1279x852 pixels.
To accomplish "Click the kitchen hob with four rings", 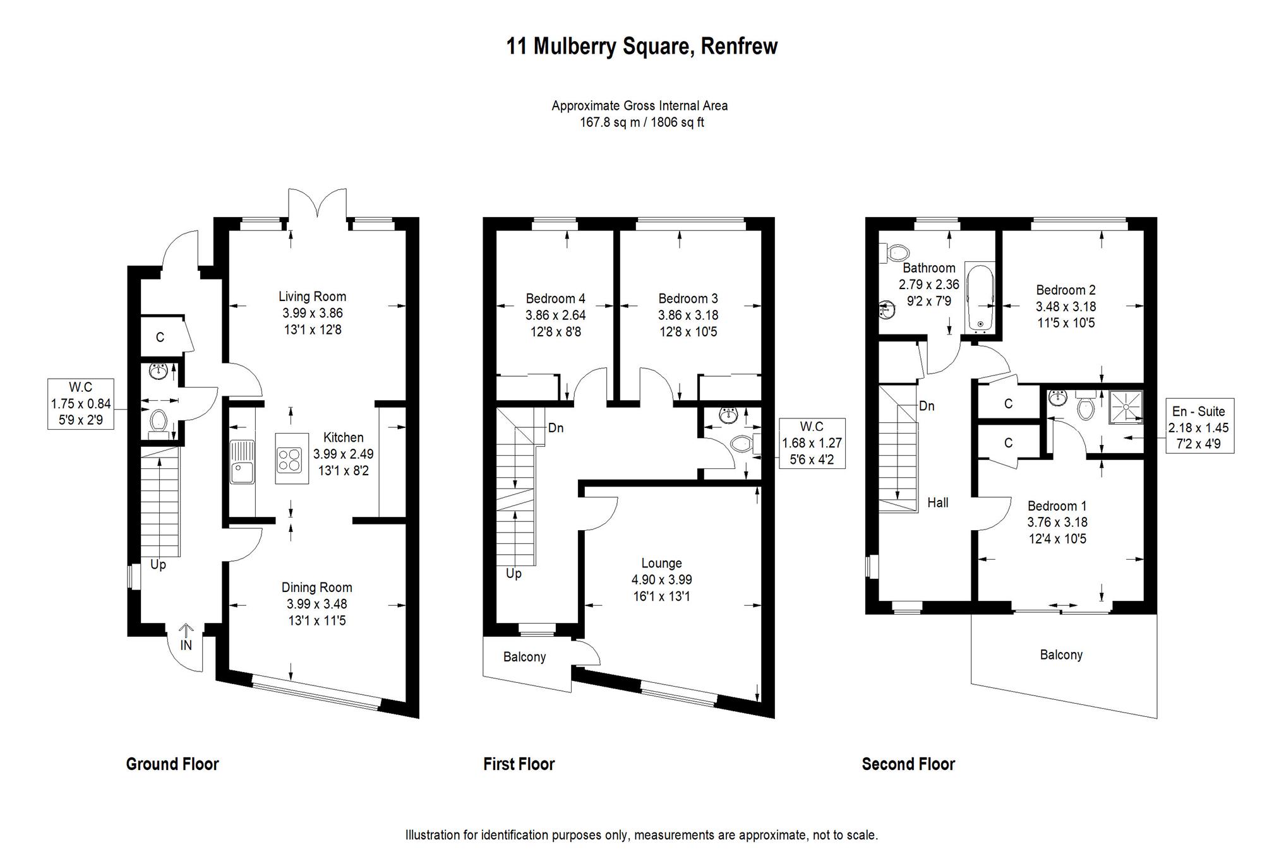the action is click(291, 459).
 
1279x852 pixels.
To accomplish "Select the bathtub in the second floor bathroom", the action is click(980, 297).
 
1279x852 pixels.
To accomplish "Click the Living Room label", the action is click(312, 297).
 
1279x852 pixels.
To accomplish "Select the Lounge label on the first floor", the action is click(661, 563).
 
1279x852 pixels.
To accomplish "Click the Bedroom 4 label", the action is click(555, 299).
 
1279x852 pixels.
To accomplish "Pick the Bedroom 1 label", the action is click(1057, 506).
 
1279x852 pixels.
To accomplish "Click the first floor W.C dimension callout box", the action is click(812, 442).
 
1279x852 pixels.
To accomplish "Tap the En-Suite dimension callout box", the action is click(1198, 427).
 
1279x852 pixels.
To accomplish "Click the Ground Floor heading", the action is click(172, 764).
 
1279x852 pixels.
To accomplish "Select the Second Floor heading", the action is click(908, 764).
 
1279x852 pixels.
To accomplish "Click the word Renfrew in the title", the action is click(739, 46).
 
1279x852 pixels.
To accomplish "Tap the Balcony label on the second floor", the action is click(1061, 655).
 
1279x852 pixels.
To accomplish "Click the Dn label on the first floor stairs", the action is click(555, 428).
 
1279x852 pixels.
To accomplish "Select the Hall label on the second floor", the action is click(937, 502).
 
